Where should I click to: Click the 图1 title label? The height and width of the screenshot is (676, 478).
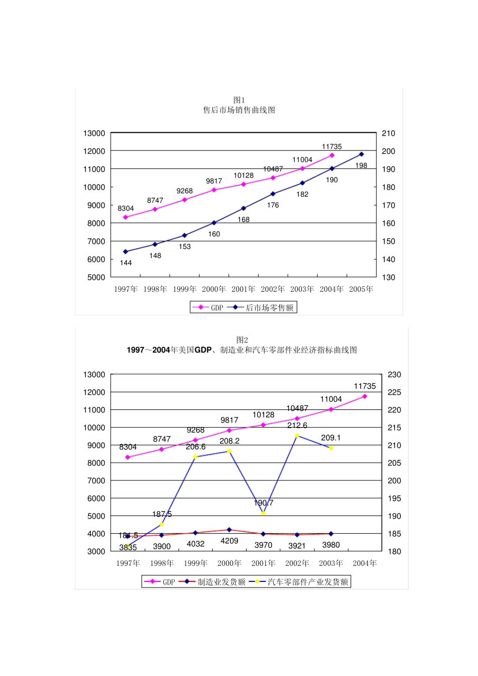click(239, 100)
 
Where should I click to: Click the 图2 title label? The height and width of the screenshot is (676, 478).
click(242, 340)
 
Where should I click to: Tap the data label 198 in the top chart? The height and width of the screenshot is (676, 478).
click(361, 165)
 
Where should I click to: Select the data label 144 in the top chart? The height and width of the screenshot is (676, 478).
click(126, 263)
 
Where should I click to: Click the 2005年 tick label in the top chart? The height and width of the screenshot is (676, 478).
click(361, 289)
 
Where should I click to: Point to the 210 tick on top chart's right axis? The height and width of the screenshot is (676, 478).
click(388, 133)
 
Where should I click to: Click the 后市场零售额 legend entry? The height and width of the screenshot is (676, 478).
click(269, 308)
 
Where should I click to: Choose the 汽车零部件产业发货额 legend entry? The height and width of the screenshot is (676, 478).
click(307, 582)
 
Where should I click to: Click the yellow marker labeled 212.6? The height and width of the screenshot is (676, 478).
click(297, 436)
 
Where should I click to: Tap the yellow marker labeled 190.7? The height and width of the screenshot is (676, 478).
click(263, 513)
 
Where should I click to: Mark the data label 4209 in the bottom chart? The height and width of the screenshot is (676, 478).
click(229, 541)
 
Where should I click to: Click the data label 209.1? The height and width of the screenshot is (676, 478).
click(331, 438)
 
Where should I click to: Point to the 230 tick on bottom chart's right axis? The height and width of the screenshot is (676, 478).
click(394, 375)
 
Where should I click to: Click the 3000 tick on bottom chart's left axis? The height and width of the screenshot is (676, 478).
click(96, 551)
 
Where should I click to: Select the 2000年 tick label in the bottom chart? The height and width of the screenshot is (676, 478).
click(229, 563)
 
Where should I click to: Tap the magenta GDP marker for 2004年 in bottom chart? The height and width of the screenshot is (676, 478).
click(365, 396)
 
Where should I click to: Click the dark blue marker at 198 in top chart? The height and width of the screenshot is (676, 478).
click(361, 154)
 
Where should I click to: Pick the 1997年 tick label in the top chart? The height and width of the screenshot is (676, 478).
click(126, 289)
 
